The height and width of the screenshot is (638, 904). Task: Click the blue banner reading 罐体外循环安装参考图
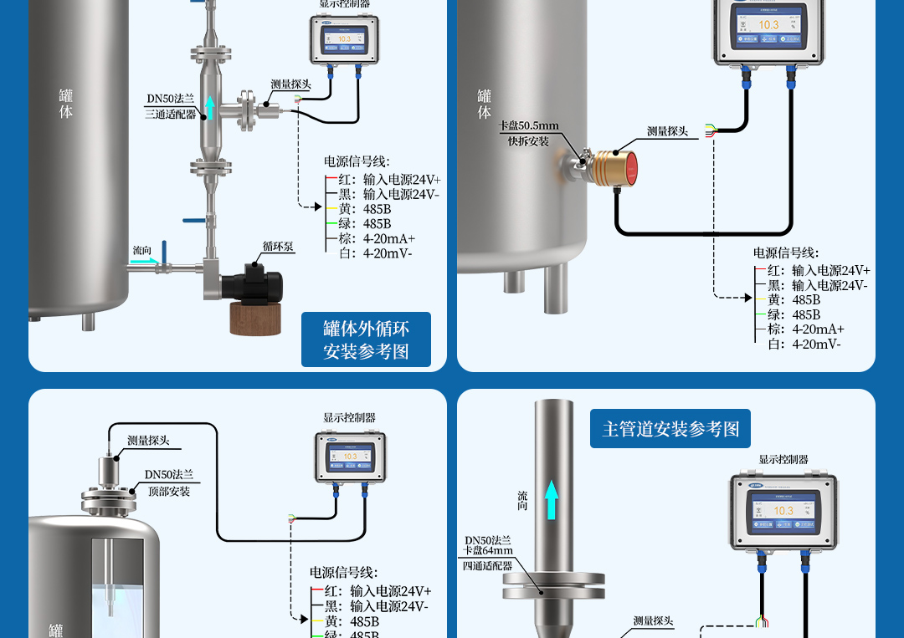(366, 339)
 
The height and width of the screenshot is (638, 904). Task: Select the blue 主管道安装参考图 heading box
(670, 429)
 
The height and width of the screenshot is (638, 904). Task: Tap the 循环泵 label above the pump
(277, 246)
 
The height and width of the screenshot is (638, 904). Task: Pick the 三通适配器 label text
(170, 114)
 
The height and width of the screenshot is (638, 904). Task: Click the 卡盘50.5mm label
(528, 125)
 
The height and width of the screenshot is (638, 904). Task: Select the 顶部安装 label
(169, 491)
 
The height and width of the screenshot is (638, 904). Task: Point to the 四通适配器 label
(487, 565)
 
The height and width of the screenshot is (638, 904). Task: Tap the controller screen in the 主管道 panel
(783, 510)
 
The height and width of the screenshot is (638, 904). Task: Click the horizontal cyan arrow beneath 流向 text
(143, 261)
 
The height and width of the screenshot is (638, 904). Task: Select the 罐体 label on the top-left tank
(66, 104)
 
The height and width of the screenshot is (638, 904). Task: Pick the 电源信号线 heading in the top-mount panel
(343, 573)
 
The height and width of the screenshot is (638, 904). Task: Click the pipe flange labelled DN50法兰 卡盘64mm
(553, 585)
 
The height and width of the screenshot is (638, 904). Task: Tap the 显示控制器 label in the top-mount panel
(349, 417)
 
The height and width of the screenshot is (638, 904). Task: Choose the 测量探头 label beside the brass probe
(667, 131)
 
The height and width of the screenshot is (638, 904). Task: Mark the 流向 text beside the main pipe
(522, 501)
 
